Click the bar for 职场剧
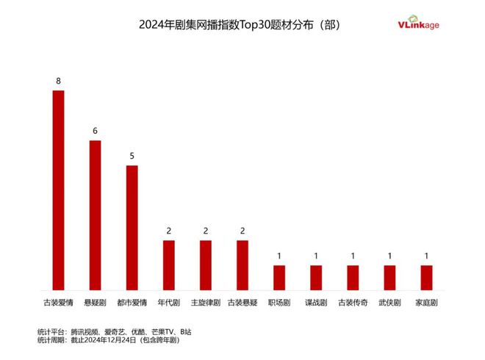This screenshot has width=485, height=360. (x=279, y=277)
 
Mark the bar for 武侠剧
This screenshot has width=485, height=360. (x=389, y=277)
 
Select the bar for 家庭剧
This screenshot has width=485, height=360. (x=426, y=277)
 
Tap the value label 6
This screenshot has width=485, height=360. (x=95, y=131)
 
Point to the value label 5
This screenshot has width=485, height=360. (x=132, y=156)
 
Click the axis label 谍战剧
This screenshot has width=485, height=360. (x=315, y=302)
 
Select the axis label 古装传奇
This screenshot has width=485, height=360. (x=353, y=302)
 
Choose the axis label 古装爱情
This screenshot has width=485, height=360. (x=58, y=302)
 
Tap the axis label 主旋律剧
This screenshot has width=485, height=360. (x=205, y=302)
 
